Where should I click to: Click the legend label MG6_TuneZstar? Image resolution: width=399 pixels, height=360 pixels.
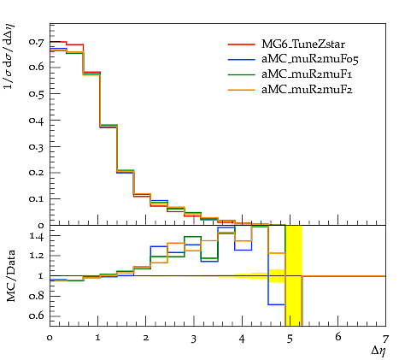[x=303, y=44]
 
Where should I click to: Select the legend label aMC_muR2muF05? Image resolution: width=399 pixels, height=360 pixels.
[x=310, y=59]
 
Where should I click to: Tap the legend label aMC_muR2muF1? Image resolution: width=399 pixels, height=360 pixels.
[x=307, y=74]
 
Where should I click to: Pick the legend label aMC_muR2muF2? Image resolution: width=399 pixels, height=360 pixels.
[x=307, y=90]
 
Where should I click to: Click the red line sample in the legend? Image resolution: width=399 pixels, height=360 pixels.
[x=242, y=44]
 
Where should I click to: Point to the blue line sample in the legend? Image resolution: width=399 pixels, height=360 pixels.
[x=242, y=59]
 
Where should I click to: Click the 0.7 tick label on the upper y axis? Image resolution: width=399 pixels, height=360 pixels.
[x=37, y=42]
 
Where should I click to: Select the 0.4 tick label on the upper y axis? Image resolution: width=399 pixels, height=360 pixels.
[x=37, y=121]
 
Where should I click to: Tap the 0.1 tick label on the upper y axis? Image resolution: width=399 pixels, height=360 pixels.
[x=37, y=198]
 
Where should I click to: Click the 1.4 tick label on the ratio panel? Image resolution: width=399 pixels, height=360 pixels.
[x=37, y=236]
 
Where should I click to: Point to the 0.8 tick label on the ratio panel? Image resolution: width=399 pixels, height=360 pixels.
[x=37, y=296]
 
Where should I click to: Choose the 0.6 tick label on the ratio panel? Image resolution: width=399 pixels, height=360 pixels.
[x=37, y=316]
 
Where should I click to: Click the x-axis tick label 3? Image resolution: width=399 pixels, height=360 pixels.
[x=194, y=339]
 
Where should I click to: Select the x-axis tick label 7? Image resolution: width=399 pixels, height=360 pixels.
[x=385, y=339]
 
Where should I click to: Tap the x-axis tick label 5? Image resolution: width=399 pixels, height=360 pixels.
[x=290, y=339]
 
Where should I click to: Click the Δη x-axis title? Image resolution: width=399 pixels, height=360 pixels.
[x=378, y=351]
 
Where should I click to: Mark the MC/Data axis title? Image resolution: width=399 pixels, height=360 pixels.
[x=11, y=276]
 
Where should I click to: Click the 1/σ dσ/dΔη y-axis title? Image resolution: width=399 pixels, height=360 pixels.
[x=9, y=56]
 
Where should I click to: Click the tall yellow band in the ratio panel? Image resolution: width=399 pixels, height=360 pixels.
[x=294, y=275]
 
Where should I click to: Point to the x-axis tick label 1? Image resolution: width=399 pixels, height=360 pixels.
[x=97, y=339]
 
